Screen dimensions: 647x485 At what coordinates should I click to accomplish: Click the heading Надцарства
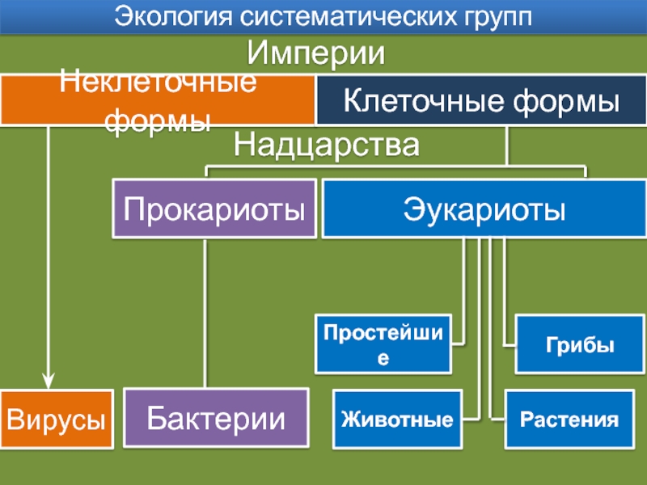tap(327, 146)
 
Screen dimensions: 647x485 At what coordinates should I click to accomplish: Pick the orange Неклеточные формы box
tap(157, 101)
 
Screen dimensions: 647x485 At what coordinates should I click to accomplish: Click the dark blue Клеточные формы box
tap(480, 101)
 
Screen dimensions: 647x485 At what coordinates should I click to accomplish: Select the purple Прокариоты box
tap(214, 209)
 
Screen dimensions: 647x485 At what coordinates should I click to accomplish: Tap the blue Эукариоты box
tap(484, 209)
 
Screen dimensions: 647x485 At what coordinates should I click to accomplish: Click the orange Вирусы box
tap(56, 420)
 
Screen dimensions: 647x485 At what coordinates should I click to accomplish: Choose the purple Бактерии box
tap(216, 420)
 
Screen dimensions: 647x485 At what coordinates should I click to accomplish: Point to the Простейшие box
tap(384, 344)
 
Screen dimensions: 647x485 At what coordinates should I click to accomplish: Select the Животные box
tap(396, 420)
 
